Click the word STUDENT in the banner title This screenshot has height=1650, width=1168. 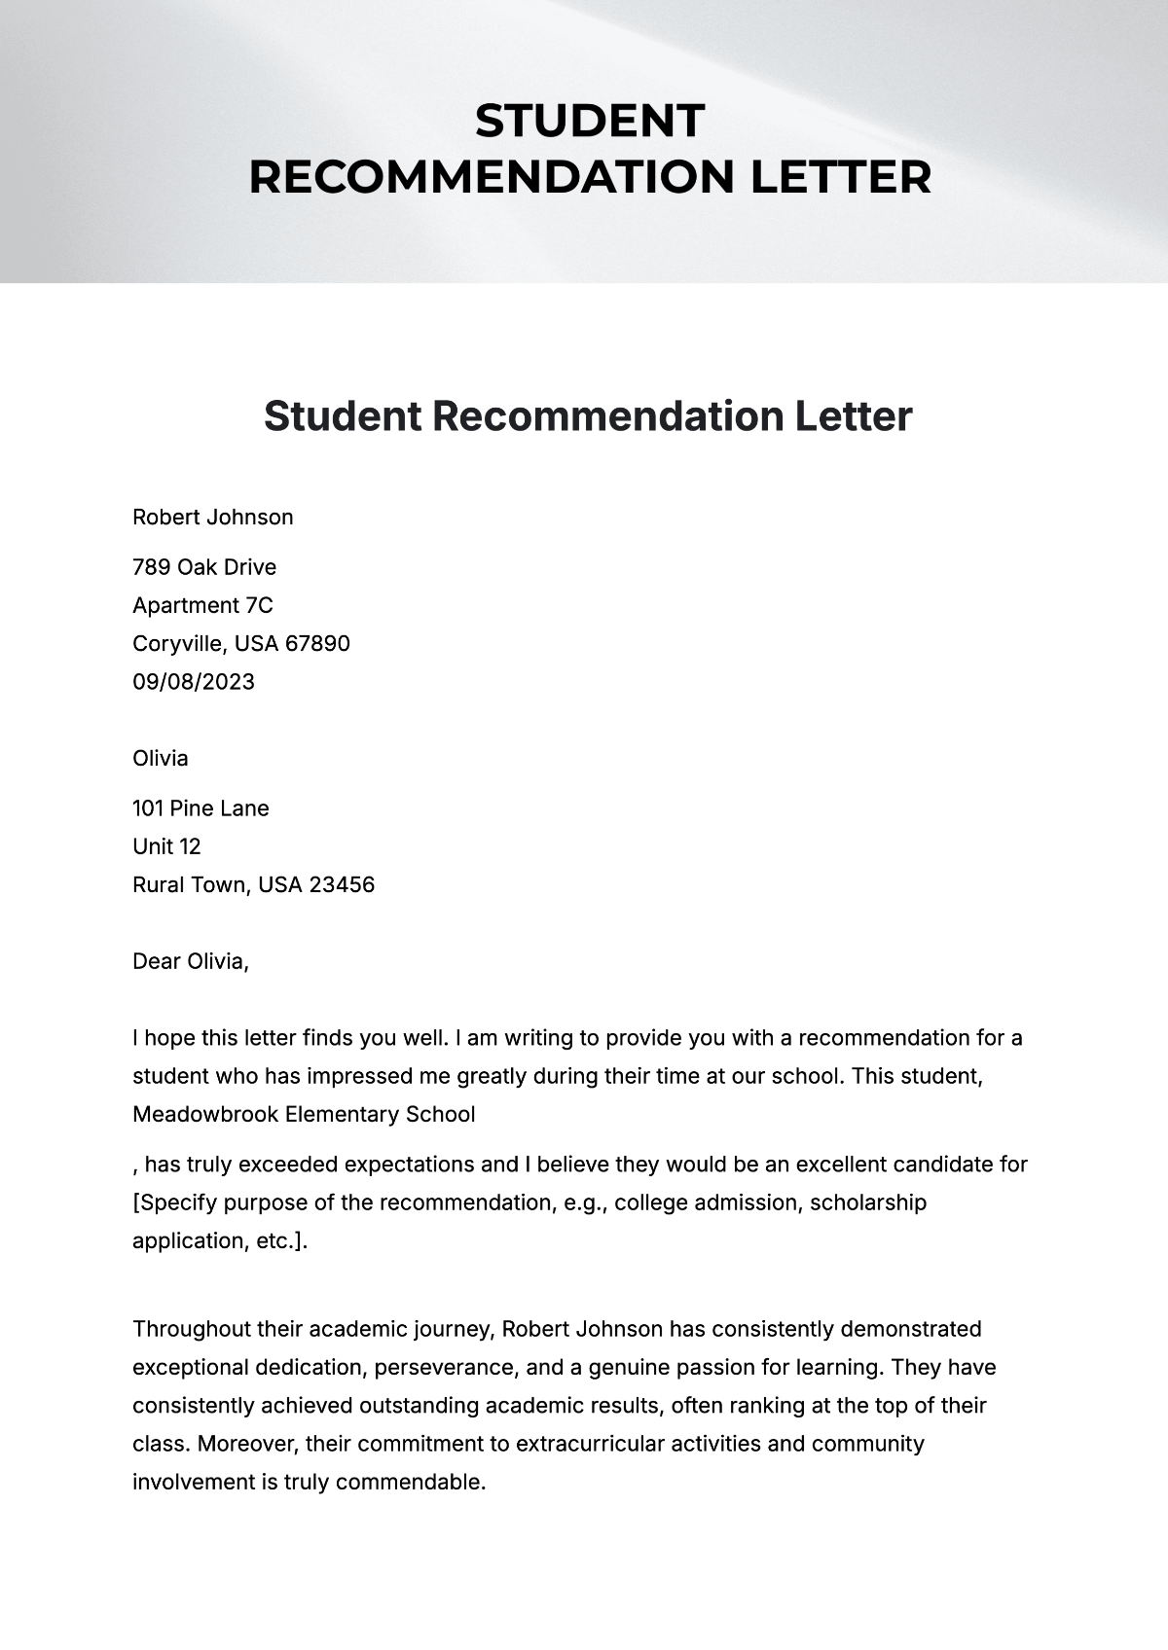tap(589, 122)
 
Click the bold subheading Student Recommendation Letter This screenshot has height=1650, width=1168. tap(588, 416)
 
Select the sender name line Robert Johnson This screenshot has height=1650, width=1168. tap(212, 517)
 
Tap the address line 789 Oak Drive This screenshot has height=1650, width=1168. tap(204, 567)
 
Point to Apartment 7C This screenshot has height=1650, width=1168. tap(202, 605)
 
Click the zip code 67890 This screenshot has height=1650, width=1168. tap(317, 643)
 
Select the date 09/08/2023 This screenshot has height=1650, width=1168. tap(194, 681)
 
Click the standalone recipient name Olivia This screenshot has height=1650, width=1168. tap(161, 758)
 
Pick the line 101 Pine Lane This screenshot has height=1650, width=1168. tap(201, 808)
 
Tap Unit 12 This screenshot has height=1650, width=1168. tap(166, 846)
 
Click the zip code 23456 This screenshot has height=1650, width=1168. tap(342, 884)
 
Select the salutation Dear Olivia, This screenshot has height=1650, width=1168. tap(191, 961)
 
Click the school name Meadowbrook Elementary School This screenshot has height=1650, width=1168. tap(304, 1114)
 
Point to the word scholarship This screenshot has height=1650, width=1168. tap(868, 1202)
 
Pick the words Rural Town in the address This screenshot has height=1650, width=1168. tap(191, 884)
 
